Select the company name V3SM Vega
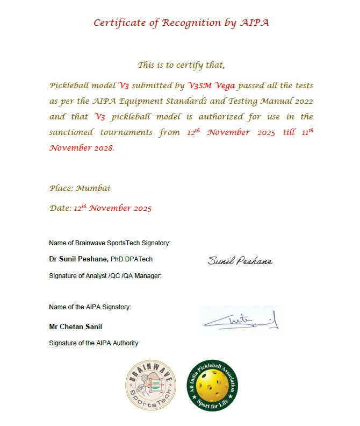click(212, 86)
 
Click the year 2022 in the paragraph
click(301, 101)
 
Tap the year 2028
click(102, 148)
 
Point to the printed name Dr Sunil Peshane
click(78, 259)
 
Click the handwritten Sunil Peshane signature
click(240, 261)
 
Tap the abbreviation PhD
click(118, 259)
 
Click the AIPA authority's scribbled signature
click(241, 321)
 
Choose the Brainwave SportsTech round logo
click(152, 385)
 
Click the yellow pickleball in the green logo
click(212, 385)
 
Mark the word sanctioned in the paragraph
click(70, 132)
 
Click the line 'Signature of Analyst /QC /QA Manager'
click(105, 276)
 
